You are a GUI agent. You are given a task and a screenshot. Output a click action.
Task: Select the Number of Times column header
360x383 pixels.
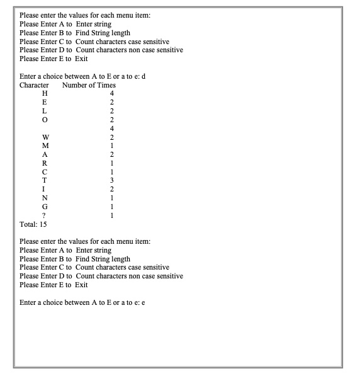click(89, 85)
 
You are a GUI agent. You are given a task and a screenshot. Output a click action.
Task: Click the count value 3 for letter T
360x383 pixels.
click(111, 181)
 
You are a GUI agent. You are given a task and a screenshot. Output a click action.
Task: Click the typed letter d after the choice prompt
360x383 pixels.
click(144, 76)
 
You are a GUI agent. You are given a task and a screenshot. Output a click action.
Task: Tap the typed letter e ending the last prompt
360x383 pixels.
click(144, 303)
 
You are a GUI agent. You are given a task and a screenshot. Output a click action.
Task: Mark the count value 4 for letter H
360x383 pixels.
click(111, 94)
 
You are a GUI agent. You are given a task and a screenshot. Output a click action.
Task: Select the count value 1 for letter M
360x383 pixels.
click(111, 146)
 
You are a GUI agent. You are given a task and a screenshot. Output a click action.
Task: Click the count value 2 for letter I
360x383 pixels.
click(111, 190)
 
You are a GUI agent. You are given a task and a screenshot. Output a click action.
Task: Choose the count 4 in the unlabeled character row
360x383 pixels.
click(111, 129)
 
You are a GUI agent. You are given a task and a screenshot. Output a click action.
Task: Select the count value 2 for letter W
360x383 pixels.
click(111, 137)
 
